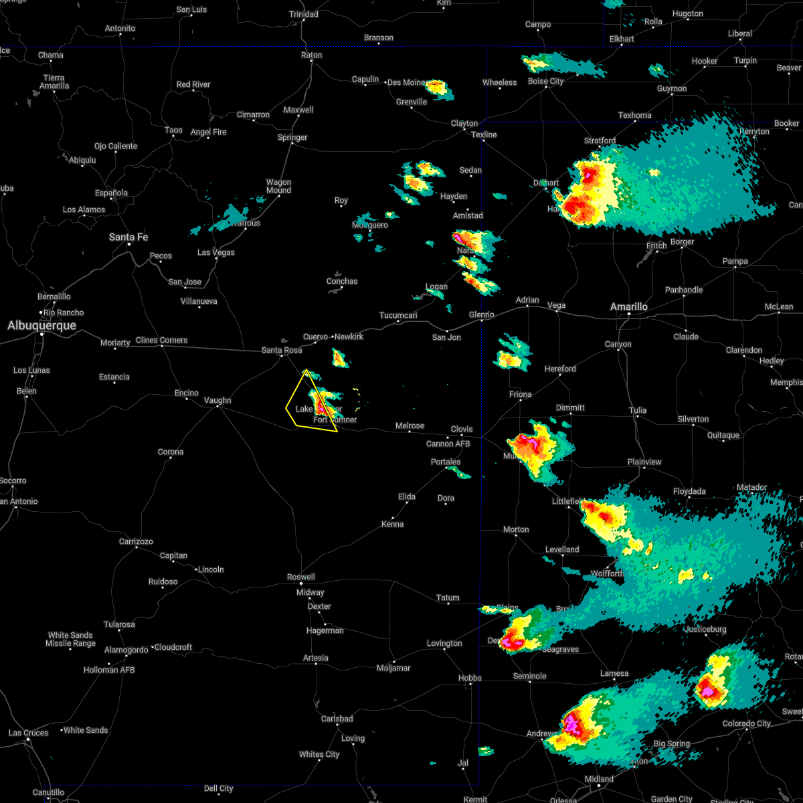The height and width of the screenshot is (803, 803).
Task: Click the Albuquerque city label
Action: tap(41, 326)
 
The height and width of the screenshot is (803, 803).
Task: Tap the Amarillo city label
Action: tap(628, 307)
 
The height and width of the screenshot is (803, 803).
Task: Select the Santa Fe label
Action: tap(128, 238)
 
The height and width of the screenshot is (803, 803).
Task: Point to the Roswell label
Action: tap(301, 577)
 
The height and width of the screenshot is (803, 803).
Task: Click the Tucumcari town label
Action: tap(398, 316)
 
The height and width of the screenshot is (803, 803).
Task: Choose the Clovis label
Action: tap(462, 430)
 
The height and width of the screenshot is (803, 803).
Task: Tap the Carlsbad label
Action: tap(337, 719)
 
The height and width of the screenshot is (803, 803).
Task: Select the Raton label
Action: tap(312, 56)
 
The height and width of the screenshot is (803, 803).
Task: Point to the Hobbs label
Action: tap(470, 679)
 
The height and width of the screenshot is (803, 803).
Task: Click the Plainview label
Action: tap(644, 462)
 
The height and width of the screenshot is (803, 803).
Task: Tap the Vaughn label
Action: tap(217, 401)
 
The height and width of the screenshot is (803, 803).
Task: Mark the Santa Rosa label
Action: tap(282, 351)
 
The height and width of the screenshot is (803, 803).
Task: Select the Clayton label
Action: tap(464, 124)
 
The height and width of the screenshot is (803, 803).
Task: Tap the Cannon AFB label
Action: tap(448, 444)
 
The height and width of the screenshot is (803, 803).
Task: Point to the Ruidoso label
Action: tap(163, 582)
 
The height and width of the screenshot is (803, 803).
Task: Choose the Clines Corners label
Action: tap(162, 341)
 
